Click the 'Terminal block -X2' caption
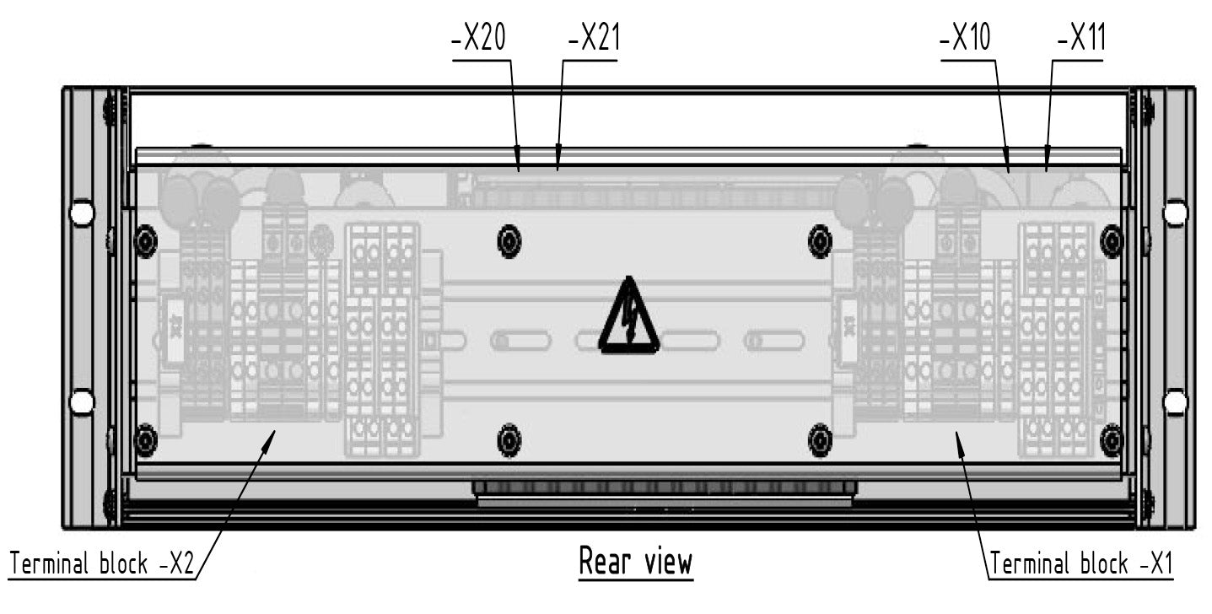pyautogui.click(x=101, y=563)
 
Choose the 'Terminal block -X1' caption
pyautogui.click(x=1081, y=563)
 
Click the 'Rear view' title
pyautogui.click(x=635, y=561)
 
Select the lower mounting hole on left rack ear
pyautogui.click(x=82, y=401)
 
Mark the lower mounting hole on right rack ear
pyautogui.click(x=1175, y=401)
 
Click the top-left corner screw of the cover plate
pyautogui.click(x=146, y=242)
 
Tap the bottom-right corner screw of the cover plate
pyautogui.click(x=1112, y=440)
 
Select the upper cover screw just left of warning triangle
pyautogui.click(x=509, y=242)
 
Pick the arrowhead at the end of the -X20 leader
pyautogui.click(x=518, y=166)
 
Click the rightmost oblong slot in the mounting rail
pyautogui.click(x=773, y=341)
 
